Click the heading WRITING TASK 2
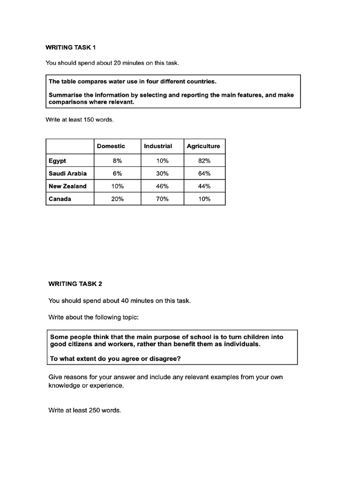tap(75, 284)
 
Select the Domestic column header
tap(111, 146)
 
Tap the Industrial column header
tap(158, 146)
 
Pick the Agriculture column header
tap(203, 146)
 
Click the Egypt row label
tap(57, 161)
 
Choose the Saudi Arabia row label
tap(67, 173)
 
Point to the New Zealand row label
tap(67, 186)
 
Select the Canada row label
tap(60, 199)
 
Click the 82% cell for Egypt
tap(204, 161)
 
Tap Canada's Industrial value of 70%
tap(163, 199)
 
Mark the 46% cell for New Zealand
tap(163, 186)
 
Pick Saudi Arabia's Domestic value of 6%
tap(117, 173)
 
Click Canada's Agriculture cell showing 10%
tap(204, 199)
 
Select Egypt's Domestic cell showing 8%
tap(117, 161)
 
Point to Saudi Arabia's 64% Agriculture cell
tap(204, 173)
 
